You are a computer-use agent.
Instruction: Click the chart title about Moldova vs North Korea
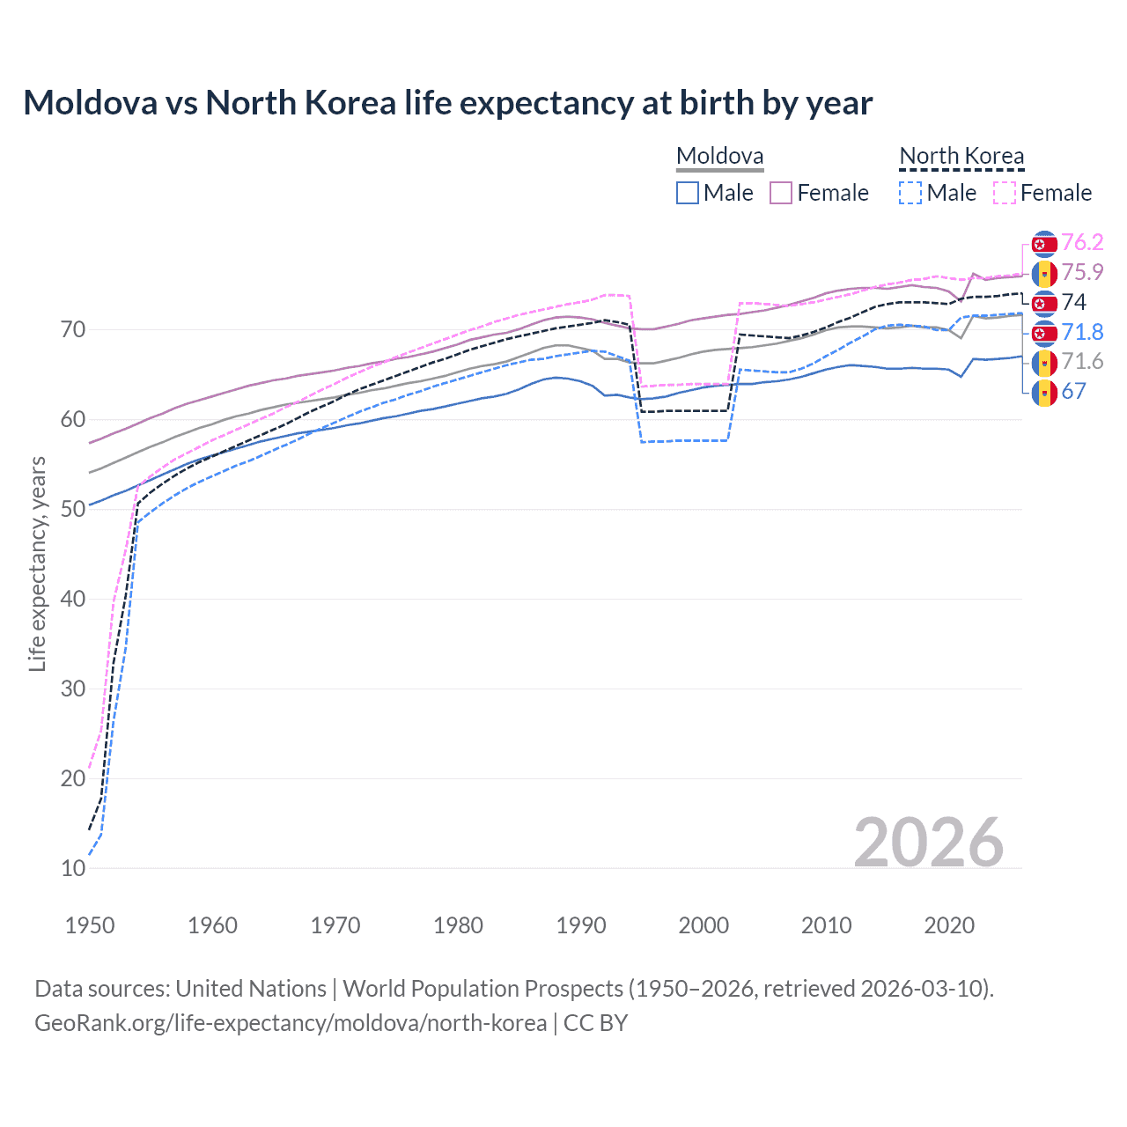447,103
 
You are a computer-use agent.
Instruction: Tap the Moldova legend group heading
719,156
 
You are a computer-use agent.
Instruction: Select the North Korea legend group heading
961,156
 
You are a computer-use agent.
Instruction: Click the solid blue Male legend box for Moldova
688,193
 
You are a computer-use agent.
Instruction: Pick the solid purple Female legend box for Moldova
781,193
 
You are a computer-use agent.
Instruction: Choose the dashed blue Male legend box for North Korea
910,193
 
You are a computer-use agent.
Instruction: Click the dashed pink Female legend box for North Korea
1004,193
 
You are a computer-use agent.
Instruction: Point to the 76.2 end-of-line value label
1082,242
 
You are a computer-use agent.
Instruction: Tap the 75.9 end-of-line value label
1082,272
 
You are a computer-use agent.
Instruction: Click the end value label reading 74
1074,302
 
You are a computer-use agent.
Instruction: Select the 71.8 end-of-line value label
1082,332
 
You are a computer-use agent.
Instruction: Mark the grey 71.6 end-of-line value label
1082,361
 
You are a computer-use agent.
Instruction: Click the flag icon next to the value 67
1044,392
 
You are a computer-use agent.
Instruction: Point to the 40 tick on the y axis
73,599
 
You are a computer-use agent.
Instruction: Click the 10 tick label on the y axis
73,868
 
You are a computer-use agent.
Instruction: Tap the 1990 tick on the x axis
581,925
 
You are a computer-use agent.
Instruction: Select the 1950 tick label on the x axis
90,925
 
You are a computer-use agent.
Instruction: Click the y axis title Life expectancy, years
37,563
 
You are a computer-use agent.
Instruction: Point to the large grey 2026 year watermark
928,843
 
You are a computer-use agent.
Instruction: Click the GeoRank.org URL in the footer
291,1023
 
